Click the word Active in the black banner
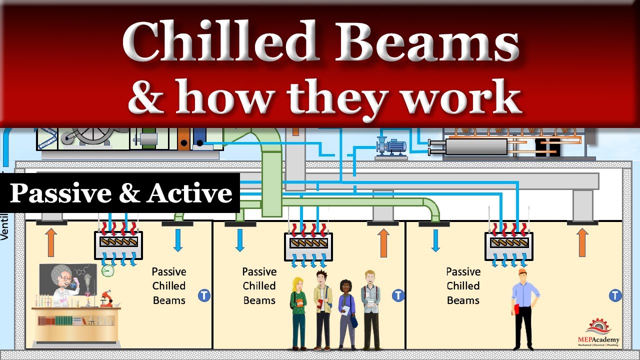190,193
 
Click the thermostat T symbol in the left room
204,295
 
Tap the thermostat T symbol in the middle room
398,295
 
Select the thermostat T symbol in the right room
615,295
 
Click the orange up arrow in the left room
51,242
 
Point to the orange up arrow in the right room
582,242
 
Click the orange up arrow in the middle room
383,242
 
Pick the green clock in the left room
107,270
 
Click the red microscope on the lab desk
106,298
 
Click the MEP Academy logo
598,332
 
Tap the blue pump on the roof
392,146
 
